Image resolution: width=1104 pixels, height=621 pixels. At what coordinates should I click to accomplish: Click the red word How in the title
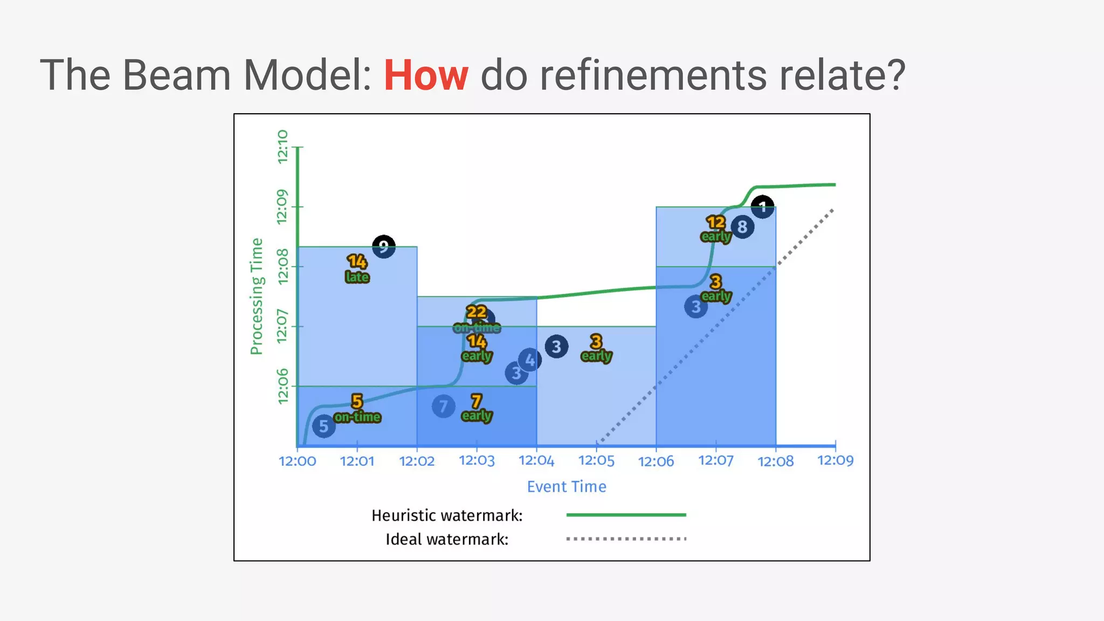(x=425, y=75)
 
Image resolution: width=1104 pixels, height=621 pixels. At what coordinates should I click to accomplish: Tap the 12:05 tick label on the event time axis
(x=596, y=461)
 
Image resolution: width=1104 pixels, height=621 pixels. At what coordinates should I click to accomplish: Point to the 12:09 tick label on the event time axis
(x=835, y=461)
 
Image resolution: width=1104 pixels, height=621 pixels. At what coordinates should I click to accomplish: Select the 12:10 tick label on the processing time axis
(x=282, y=147)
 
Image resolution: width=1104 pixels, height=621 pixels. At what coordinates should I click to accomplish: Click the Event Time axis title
(x=566, y=487)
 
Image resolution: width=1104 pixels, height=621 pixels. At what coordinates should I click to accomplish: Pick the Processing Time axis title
(x=257, y=296)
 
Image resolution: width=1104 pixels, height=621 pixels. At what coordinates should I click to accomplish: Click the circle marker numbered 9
(x=384, y=247)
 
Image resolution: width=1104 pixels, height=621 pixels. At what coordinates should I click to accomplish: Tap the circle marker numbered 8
(x=742, y=227)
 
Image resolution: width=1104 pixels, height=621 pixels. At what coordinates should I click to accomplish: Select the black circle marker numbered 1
(x=763, y=207)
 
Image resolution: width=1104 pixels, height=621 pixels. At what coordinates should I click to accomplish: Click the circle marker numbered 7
(x=443, y=406)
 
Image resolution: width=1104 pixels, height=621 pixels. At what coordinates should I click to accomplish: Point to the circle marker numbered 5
(x=323, y=426)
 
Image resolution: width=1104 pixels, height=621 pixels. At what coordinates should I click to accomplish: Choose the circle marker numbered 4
(x=530, y=360)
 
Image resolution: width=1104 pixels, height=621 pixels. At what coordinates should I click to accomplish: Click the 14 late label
(x=357, y=269)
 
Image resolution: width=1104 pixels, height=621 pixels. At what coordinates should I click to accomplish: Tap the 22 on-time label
(x=477, y=319)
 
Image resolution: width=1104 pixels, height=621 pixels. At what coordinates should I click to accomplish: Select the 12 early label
(x=716, y=229)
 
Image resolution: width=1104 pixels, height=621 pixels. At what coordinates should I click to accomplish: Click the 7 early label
(x=477, y=408)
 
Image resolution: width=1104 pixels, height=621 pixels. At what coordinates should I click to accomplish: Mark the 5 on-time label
(x=357, y=409)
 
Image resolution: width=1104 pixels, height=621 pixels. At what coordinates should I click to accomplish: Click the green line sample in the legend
(x=626, y=515)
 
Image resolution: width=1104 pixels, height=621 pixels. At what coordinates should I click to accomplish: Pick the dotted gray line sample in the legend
(x=626, y=539)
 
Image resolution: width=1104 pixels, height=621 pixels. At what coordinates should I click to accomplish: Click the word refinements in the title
(x=653, y=75)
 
